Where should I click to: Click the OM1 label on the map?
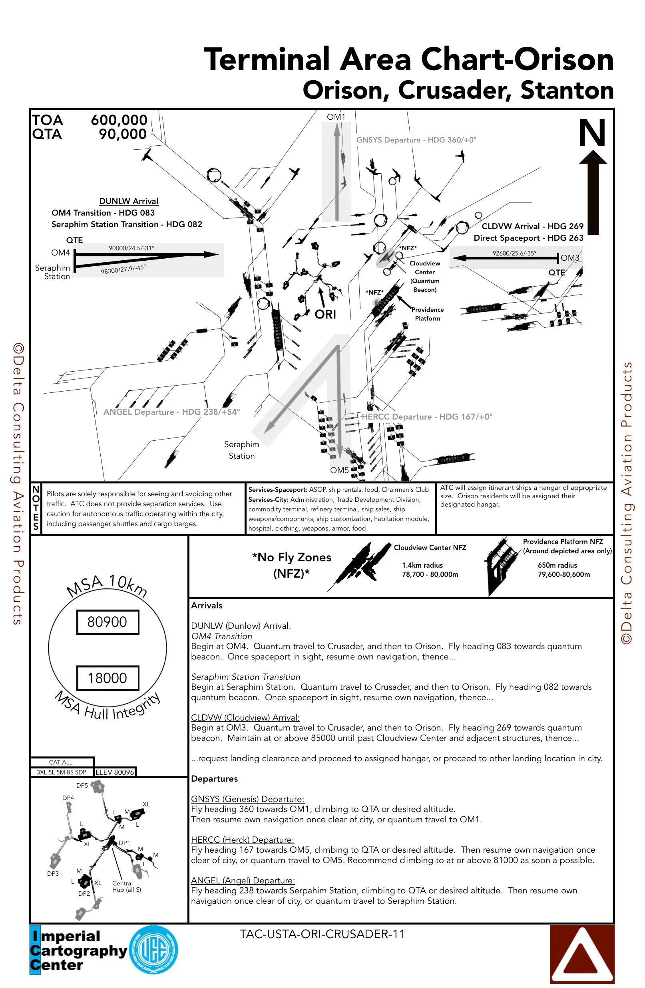[336, 117]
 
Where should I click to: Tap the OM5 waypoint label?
[339, 470]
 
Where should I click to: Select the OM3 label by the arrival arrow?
[570, 258]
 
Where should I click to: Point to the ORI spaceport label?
[325, 314]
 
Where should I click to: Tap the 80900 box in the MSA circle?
[107, 622]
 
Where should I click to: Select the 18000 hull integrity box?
[107, 678]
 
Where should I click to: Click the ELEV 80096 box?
[115, 772]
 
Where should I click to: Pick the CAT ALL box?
[61, 762]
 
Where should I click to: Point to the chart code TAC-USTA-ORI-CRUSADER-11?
[322, 934]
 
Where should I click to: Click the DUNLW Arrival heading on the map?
[129, 201]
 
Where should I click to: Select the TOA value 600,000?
[119, 120]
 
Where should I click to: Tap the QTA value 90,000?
[123, 134]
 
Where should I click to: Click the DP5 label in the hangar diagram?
[82, 786]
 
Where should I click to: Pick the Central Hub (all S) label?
[126, 886]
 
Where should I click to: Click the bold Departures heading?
[214, 779]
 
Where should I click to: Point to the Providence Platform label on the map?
[427, 314]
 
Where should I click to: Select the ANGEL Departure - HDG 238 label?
[171, 412]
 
